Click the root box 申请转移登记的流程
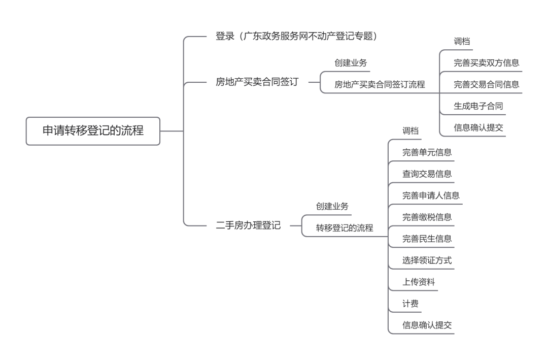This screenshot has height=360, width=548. [93, 131]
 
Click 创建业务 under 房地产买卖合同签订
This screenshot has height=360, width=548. [351, 63]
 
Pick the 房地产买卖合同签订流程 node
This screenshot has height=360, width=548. [380, 85]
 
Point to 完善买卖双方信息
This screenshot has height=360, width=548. [486, 63]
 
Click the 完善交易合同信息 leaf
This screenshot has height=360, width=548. [486, 85]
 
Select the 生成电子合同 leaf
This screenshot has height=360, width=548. [478, 107]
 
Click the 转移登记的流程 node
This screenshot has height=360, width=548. [345, 228]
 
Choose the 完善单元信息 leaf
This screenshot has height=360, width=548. [427, 152]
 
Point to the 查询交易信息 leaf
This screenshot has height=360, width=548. [427, 174]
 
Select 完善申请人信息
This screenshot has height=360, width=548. [431, 195]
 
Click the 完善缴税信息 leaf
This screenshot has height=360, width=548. [427, 217]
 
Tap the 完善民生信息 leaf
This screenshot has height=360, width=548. [427, 239]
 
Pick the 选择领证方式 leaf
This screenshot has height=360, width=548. [427, 260]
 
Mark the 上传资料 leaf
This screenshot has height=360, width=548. [419, 282]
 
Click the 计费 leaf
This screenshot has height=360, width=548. [410, 304]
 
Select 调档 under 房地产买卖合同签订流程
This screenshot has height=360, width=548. [462, 42]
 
